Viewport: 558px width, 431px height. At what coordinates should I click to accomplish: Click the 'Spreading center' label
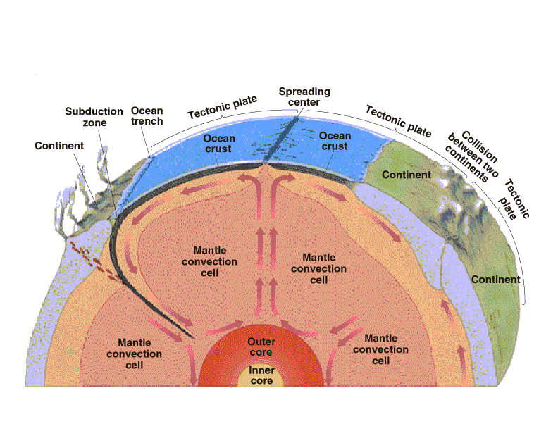click(x=304, y=96)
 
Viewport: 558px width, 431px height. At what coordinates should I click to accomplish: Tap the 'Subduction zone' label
click(x=94, y=117)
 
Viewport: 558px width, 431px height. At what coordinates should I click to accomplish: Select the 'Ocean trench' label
click(x=147, y=116)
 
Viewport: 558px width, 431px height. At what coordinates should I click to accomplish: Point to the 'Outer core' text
click(x=261, y=346)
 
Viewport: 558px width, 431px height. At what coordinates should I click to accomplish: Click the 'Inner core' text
click(x=261, y=375)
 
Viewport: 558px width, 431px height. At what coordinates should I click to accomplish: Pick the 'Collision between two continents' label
click(x=473, y=156)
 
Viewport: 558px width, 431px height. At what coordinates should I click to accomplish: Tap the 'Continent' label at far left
click(x=59, y=146)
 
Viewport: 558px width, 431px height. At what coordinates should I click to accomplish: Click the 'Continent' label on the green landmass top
click(x=407, y=175)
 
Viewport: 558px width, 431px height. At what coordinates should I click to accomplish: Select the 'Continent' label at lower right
click(x=496, y=280)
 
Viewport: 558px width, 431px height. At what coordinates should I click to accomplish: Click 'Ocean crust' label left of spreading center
click(x=219, y=144)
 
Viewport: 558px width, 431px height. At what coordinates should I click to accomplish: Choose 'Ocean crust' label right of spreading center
click(x=335, y=141)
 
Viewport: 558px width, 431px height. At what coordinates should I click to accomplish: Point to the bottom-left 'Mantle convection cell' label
click(x=134, y=354)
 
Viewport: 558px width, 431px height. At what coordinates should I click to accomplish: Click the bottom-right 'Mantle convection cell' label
click(x=380, y=349)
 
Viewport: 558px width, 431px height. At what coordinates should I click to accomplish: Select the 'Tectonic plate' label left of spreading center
click(x=223, y=107)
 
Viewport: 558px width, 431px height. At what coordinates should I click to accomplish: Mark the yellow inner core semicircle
click(x=261, y=375)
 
